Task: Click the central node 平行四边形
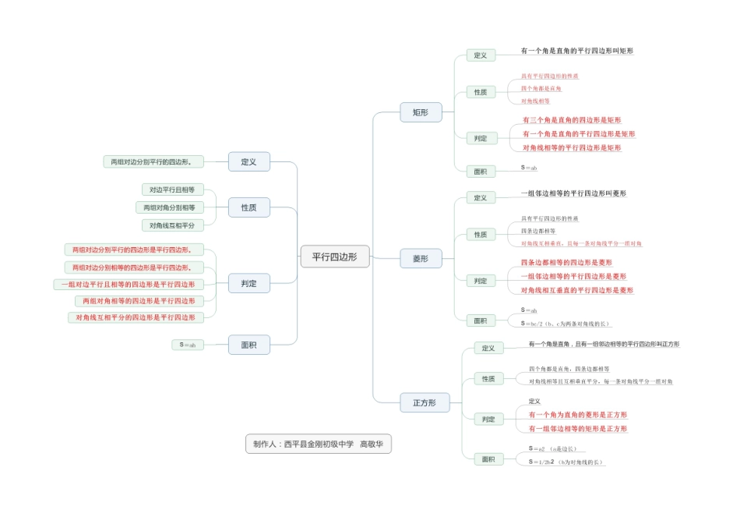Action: pyautogui.click(x=335, y=257)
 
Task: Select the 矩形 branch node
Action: pyautogui.click(x=421, y=112)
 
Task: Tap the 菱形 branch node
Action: pyautogui.click(x=421, y=258)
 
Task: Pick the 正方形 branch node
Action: pyautogui.click(x=425, y=402)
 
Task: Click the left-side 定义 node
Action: pyautogui.click(x=248, y=161)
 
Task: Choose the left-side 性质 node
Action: pyautogui.click(x=248, y=207)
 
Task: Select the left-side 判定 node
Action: pyautogui.click(x=248, y=284)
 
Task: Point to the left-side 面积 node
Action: pyautogui.click(x=248, y=345)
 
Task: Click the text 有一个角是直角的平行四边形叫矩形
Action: pyautogui.click(x=576, y=51)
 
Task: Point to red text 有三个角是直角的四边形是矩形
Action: pyautogui.click(x=572, y=120)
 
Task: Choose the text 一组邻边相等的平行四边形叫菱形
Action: pyautogui.click(x=573, y=193)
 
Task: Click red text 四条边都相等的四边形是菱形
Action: pyautogui.click(x=566, y=262)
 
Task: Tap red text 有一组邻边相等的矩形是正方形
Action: pyautogui.click(x=577, y=429)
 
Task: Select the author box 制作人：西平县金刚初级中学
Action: pyautogui.click(x=318, y=444)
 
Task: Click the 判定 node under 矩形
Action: pyautogui.click(x=481, y=138)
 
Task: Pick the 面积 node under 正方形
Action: pyautogui.click(x=488, y=459)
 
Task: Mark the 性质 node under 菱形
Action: pyautogui.click(x=481, y=234)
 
